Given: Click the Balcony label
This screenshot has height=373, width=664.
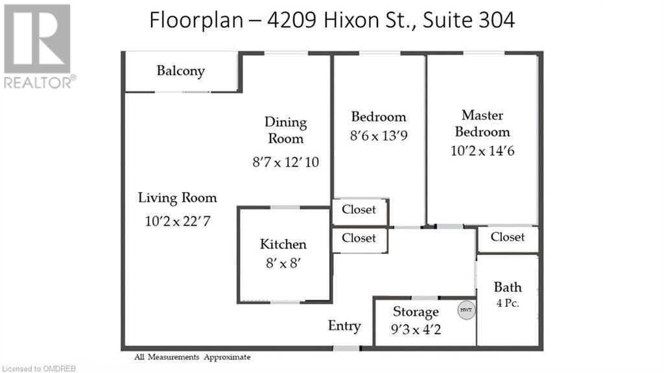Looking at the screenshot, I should point(180,71).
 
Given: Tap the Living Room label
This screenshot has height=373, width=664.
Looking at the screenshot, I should point(177,198).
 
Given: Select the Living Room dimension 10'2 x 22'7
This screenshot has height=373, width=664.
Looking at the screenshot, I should point(177,221).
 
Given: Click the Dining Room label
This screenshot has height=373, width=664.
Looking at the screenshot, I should point(285,130).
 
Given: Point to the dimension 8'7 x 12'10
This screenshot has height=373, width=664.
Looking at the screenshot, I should point(285,162).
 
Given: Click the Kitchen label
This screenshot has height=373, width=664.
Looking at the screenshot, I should point(283,244).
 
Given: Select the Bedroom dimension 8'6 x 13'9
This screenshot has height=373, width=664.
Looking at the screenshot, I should point(379,138).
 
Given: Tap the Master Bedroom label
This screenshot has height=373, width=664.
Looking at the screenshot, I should point(482,123).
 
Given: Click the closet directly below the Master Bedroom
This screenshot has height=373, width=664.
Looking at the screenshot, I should point(507,237).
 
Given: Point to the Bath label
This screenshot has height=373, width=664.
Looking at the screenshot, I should point(507,287).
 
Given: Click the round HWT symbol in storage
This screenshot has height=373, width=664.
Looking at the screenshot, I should point(466,310).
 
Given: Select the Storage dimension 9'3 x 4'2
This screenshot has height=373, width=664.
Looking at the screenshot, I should point(415,329).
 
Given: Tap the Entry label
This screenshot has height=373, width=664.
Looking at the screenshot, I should point(344,326).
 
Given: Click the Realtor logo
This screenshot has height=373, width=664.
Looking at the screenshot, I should point(38,45).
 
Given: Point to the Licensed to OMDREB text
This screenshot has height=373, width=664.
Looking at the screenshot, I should point(38,368).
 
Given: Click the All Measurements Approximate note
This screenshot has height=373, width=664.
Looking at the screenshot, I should point(192,357).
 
